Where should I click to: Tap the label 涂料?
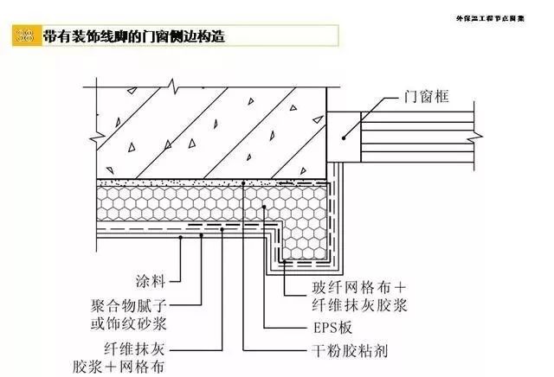[x=152, y=281]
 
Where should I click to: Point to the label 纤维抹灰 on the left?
[x=139, y=350]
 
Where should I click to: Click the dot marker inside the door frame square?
[x=344, y=134]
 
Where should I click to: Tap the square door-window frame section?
[x=344, y=135]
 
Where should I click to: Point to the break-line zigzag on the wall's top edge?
[x=175, y=86]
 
